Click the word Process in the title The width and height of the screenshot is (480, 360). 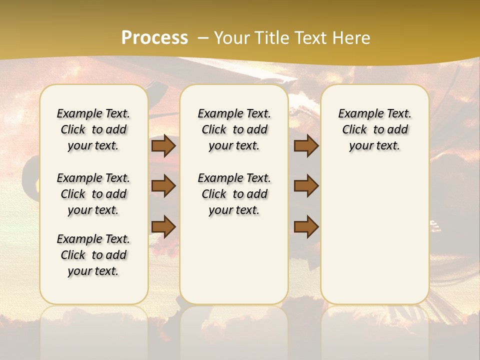pos(154,38)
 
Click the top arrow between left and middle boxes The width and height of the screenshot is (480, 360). pos(163,146)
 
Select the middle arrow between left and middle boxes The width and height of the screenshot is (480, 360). pos(163,186)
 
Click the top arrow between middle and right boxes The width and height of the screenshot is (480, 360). pos(306,146)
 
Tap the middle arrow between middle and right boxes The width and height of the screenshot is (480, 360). pos(306,186)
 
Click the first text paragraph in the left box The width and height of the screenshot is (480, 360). pos(93,129)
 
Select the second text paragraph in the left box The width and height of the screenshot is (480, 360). pos(93,194)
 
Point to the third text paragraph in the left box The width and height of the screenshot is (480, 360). pos(93,255)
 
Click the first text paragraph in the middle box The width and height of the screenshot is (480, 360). pos(234,129)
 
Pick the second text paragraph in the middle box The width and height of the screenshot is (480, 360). pos(234,194)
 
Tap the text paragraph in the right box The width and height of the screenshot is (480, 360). pos(374,129)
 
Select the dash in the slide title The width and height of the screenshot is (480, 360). pos(202,38)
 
